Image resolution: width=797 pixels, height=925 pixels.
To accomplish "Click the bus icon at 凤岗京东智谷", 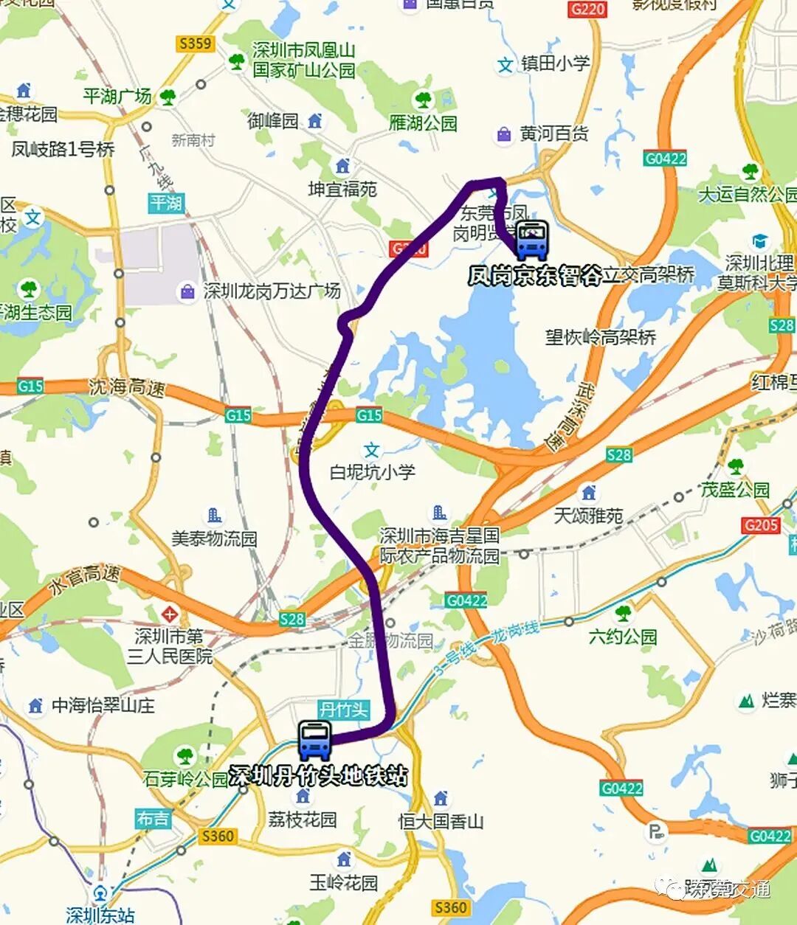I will pos(532,239).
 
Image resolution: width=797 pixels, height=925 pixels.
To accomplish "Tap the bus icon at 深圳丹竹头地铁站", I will pos(315,741).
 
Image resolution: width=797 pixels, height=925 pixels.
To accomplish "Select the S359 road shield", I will pos(195,44).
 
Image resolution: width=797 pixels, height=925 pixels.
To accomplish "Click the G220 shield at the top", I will pos(588,9).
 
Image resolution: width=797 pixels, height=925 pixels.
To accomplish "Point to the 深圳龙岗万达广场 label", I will pos(272,291).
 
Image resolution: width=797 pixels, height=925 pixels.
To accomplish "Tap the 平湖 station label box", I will pos(166,202).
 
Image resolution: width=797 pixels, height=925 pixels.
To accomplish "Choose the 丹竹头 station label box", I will pos(344,710).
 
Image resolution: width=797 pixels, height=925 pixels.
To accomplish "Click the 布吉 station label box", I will pos(153,818).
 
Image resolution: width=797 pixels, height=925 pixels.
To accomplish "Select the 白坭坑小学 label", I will pos(372,472).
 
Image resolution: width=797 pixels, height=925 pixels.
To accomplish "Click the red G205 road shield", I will pos(761,525).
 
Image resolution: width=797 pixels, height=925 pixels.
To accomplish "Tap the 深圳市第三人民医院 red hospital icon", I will pos(170,614).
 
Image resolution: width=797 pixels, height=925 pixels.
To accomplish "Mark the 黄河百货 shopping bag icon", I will pos(504,135).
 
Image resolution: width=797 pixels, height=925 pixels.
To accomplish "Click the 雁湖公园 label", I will pos(423,122).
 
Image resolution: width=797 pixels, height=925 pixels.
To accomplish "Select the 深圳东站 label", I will pos(100,915).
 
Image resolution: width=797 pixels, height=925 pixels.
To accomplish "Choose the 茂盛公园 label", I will pos(735,490).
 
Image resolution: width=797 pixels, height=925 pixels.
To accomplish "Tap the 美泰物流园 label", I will pos(214,538).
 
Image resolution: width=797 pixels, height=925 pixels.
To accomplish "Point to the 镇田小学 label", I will pos(556,63).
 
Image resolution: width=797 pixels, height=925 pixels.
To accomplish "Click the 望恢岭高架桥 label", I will pos(601,338).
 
